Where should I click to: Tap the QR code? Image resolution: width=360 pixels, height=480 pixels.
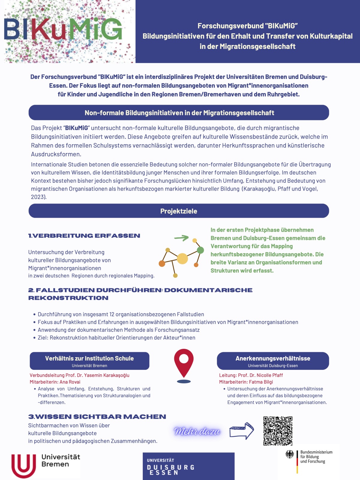278,430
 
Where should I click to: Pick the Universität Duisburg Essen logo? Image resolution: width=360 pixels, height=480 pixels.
188,466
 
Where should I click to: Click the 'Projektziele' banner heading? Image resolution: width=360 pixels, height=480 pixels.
178,211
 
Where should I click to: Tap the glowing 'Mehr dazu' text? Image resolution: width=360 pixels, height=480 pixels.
197,431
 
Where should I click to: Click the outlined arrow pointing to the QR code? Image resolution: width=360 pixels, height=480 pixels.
241,431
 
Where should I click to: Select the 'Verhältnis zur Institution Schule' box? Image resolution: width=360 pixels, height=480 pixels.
89,361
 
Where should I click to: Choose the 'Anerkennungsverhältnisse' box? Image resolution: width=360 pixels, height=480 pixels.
273,361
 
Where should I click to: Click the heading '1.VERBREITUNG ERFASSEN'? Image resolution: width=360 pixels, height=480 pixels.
84,236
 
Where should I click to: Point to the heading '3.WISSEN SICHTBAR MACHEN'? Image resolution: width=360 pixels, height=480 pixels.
97,417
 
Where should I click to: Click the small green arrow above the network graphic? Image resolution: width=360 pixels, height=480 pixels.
181,238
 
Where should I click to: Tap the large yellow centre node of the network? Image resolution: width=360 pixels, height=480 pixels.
182,258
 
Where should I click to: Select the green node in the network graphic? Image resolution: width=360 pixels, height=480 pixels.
200,250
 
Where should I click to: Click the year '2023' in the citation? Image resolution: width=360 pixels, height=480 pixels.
38,197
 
